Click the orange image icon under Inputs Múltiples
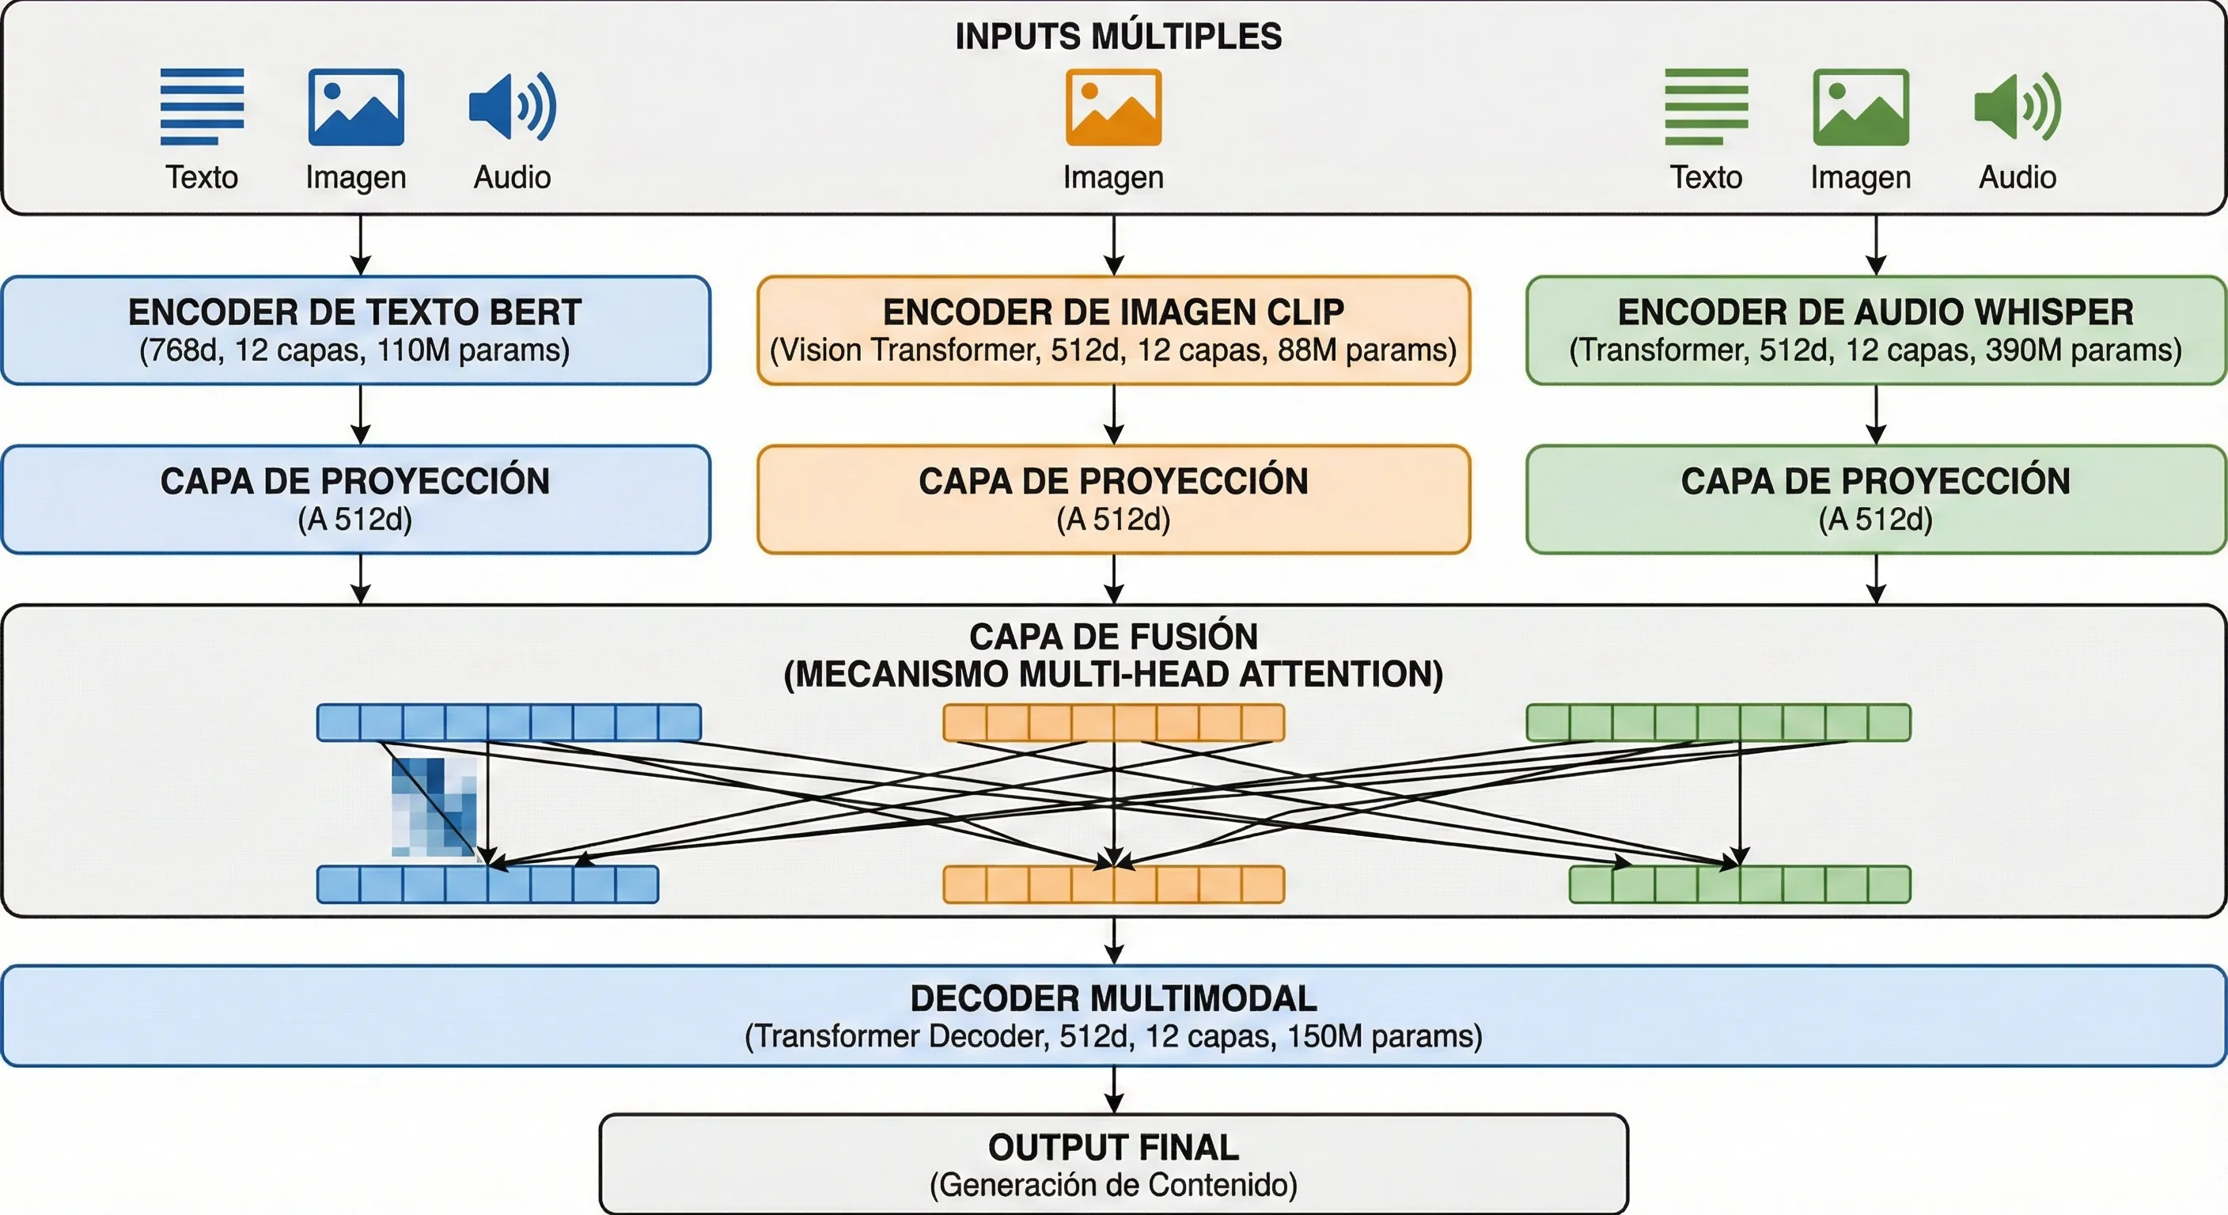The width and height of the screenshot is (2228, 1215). coord(1113,108)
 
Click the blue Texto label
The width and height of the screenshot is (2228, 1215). coord(202,177)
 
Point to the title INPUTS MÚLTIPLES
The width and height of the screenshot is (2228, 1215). coord(1117,36)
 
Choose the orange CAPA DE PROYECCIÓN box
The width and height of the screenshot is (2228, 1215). coord(1113,499)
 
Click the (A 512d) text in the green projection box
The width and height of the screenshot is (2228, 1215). coord(1875,519)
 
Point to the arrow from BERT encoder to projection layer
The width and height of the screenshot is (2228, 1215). coord(361,414)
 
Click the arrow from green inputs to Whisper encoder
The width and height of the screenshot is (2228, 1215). coord(1875,244)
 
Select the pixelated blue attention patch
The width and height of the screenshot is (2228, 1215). coord(434,807)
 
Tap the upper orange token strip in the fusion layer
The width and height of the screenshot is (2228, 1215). coord(1113,722)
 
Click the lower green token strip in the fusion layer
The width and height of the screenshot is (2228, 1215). coord(1739,884)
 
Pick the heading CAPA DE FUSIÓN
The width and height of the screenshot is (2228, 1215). coord(1113,637)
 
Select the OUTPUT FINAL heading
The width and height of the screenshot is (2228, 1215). coord(1113,1148)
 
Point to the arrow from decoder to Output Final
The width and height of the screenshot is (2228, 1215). coord(1113,1089)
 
